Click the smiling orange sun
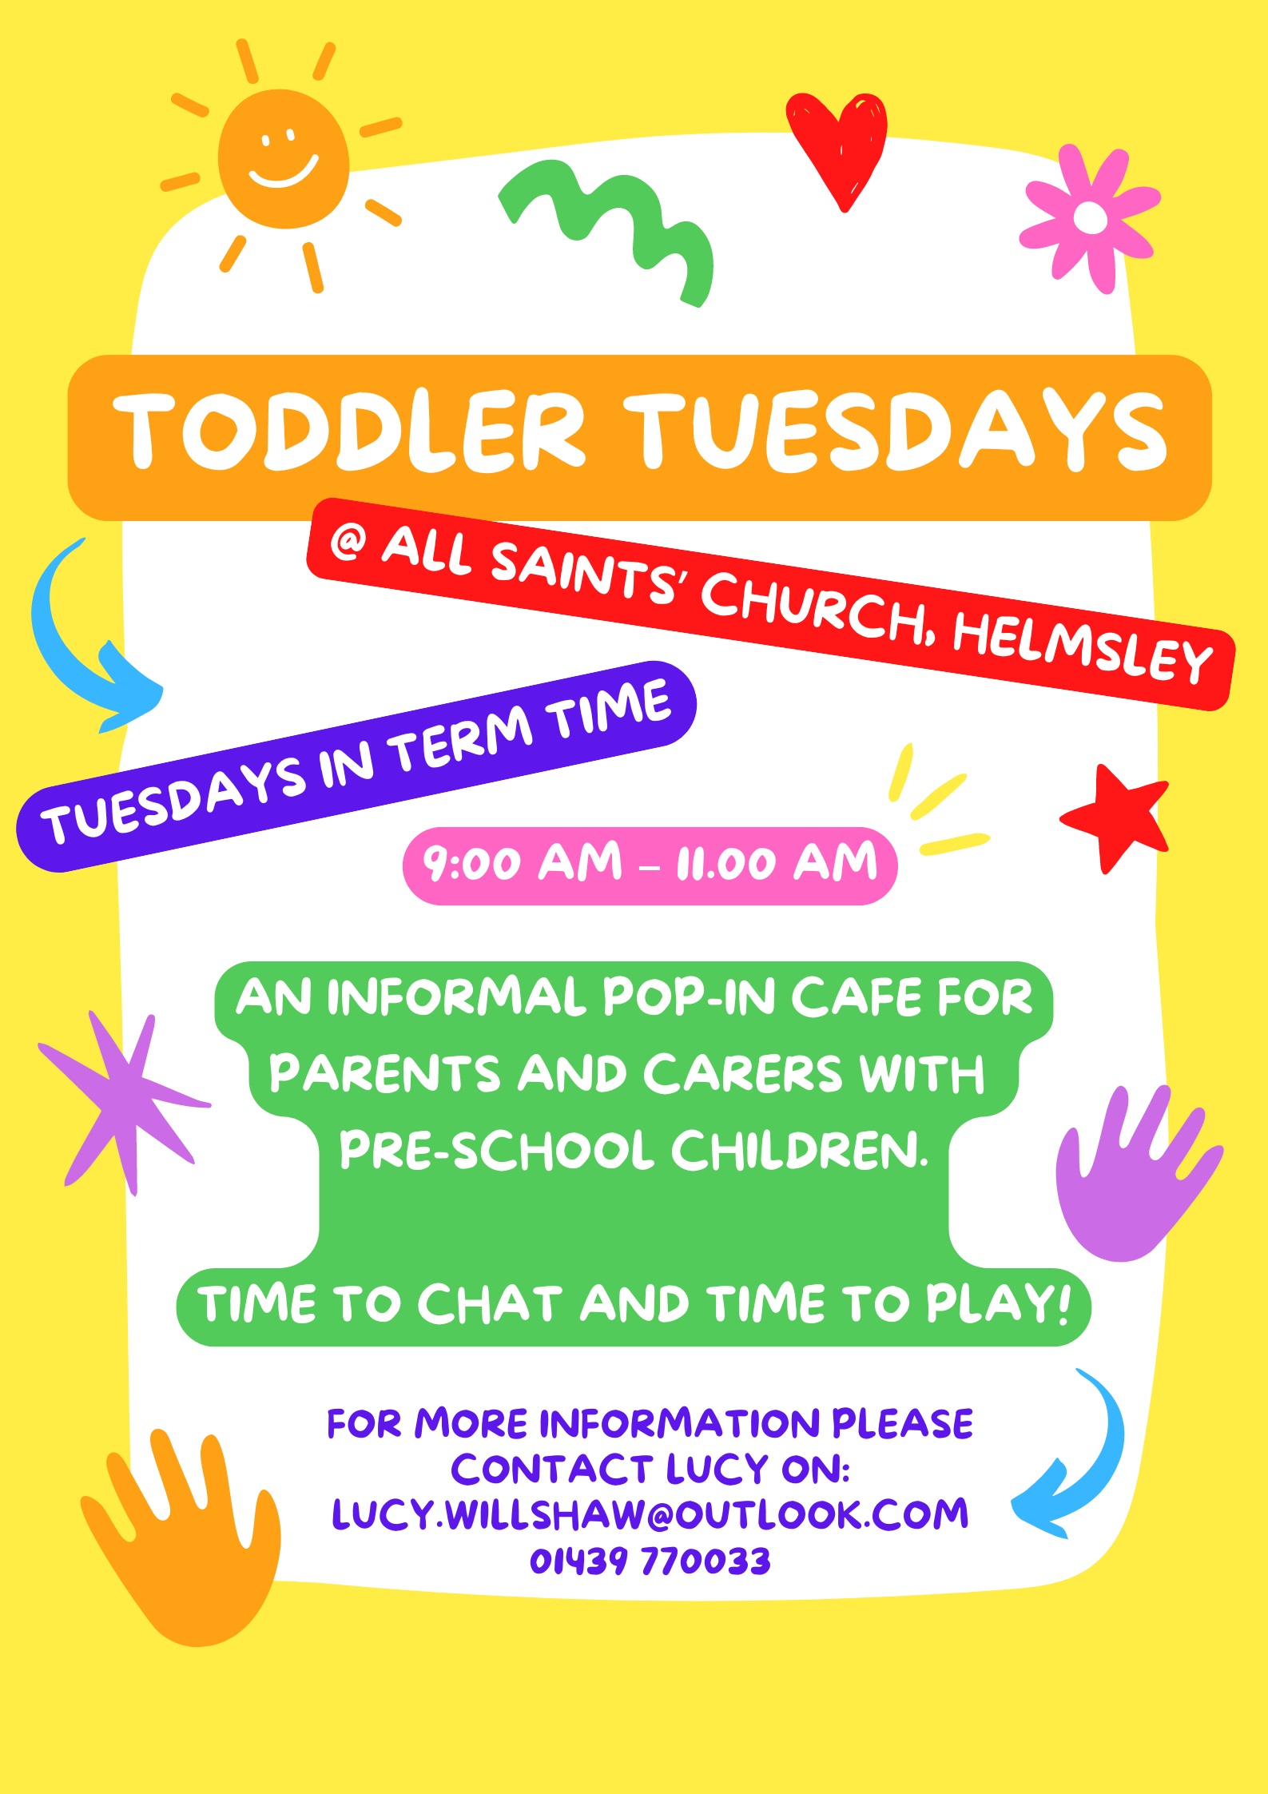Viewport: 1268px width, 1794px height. coord(284,160)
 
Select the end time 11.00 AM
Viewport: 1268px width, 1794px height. coord(777,863)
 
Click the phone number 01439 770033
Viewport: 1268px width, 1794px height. coord(650,1561)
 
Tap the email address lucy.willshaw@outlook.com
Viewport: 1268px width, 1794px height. coord(650,1514)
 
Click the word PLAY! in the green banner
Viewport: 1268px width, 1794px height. coord(998,1303)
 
